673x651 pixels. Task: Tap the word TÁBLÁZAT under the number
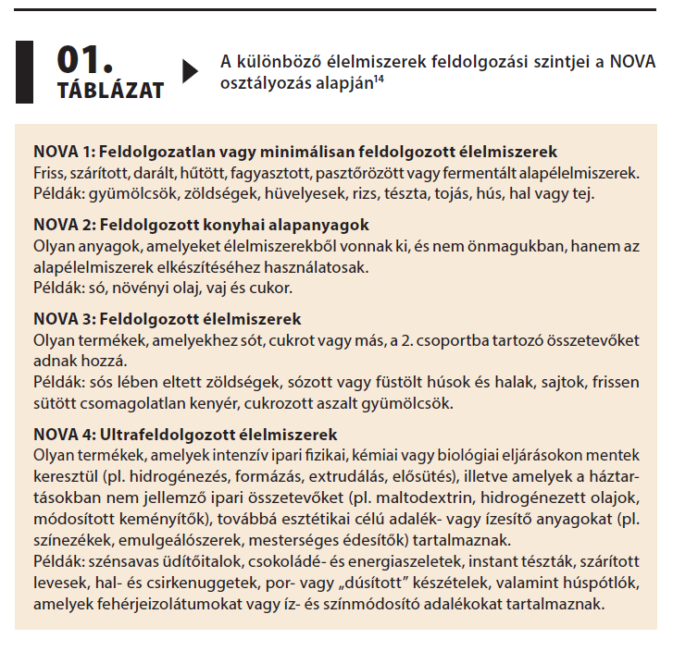point(110,91)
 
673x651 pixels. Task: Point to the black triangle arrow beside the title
point(191,71)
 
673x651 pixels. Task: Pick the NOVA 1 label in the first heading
point(63,151)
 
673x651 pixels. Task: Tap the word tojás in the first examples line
point(450,194)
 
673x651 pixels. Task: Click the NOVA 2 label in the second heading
point(63,226)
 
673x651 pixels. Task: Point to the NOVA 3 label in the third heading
point(63,320)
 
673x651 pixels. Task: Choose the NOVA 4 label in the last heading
point(63,435)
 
